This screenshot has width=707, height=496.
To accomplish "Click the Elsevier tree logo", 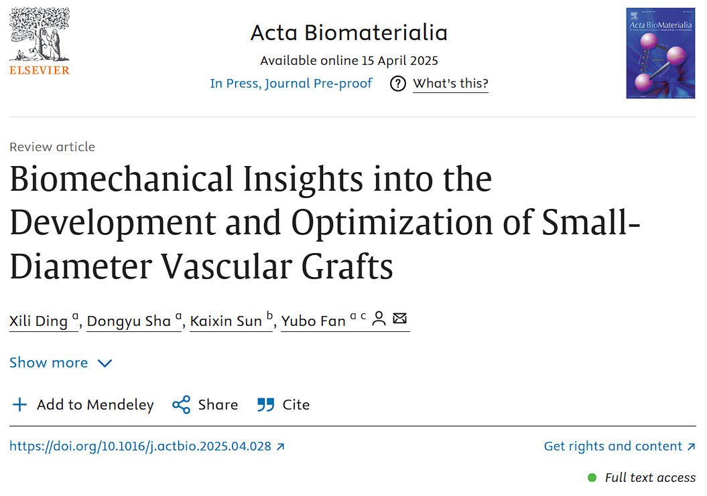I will click(x=39, y=33).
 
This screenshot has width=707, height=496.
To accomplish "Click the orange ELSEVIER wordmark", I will click(x=39, y=70).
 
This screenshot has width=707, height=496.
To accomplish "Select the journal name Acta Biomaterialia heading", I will click(x=348, y=32).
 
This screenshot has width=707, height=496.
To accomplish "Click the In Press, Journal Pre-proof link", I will click(x=291, y=84).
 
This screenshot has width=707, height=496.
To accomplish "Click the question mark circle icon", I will click(x=398, y=84).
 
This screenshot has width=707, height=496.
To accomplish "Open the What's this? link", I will click(x=450, y=84).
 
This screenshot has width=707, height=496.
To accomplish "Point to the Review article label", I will click(x=52, y=147).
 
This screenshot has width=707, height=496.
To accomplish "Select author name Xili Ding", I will click(x=38, y=321).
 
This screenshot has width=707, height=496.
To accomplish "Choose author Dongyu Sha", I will click(x=129, y=321).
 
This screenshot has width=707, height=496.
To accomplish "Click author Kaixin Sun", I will click(x=226, y=321).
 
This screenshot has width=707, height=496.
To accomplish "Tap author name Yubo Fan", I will click(x=313, y=321).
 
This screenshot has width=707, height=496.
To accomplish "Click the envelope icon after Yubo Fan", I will click(x=399, y=319).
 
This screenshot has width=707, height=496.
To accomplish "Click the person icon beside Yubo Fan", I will click(x=379, y=319).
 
